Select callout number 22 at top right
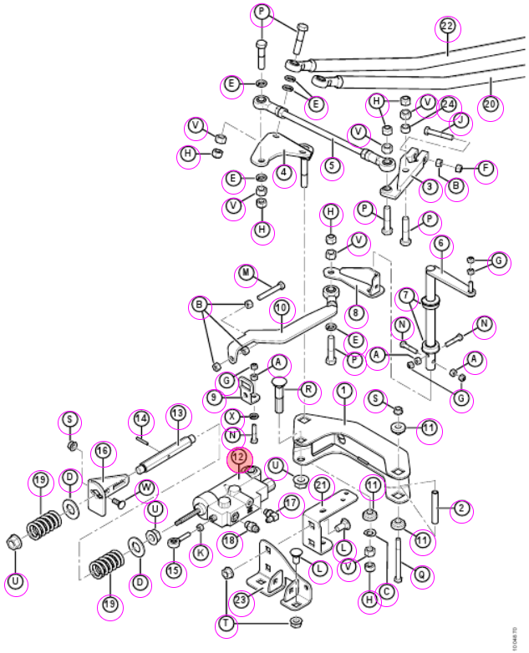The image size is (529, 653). pos(447,27)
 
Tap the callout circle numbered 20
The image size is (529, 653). pos(491,104)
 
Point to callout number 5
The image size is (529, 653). pos(332,166)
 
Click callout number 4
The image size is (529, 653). pos(284,172)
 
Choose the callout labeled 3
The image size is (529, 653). pos(430,186)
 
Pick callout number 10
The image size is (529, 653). pos(282,309)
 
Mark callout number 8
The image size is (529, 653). pos(355,313)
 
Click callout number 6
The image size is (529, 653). pos(441,244)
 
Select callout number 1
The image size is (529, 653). pos(344,391)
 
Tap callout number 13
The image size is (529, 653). pos(178,414)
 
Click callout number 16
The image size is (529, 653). pos(103,451)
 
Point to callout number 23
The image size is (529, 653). pos(241,600)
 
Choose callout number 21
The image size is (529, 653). pos(322,486)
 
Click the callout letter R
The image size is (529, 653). pos(308,390)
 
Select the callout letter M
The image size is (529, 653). pos(247,274)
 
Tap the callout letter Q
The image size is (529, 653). pos(422,575)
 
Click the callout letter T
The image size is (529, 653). pos(226,624)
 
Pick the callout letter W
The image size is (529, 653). pos(146,488)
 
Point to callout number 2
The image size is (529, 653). pos(461,509)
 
